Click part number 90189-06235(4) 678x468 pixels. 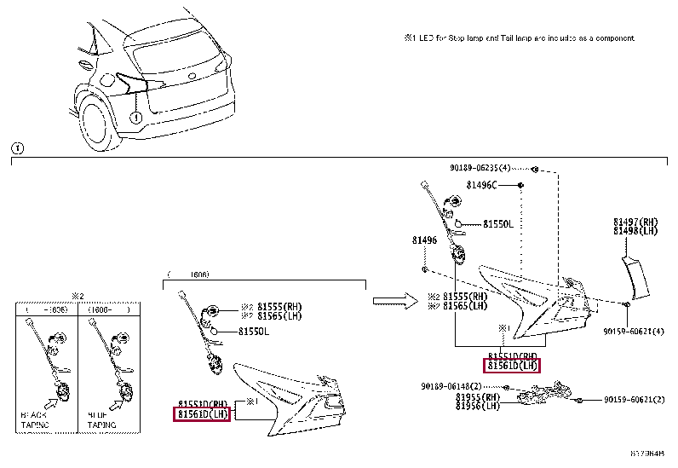480,168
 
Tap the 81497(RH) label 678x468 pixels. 635,222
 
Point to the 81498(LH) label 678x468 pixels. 635,230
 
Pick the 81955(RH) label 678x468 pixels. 477,396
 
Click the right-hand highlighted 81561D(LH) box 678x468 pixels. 512,366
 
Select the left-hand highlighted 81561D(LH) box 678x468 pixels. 203,414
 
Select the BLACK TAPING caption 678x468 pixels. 35,419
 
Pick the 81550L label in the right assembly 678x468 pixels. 498,224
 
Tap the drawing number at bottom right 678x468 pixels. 646,454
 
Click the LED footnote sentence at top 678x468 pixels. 519,38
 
